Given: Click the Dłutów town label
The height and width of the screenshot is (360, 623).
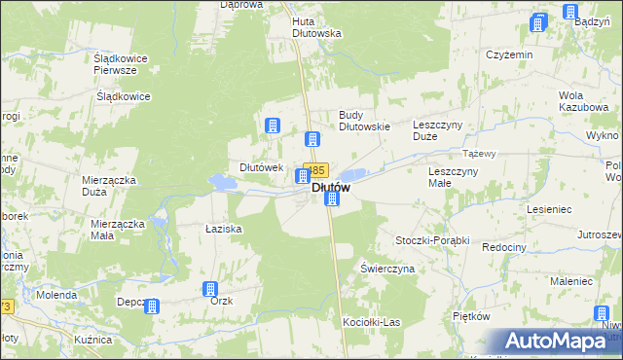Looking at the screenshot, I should pos(331,187).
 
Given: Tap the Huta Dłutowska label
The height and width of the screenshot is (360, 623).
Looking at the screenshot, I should pos(317,26).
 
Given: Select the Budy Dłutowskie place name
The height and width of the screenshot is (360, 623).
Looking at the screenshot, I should pos(364,120).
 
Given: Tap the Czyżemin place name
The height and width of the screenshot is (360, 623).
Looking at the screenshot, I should pos(509,54).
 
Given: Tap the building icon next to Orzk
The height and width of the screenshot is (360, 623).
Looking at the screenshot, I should pos(209,289).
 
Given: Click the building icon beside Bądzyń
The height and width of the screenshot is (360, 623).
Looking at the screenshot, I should pos(569,13).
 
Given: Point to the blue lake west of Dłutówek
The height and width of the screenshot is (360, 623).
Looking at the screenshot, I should pos(223,181).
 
